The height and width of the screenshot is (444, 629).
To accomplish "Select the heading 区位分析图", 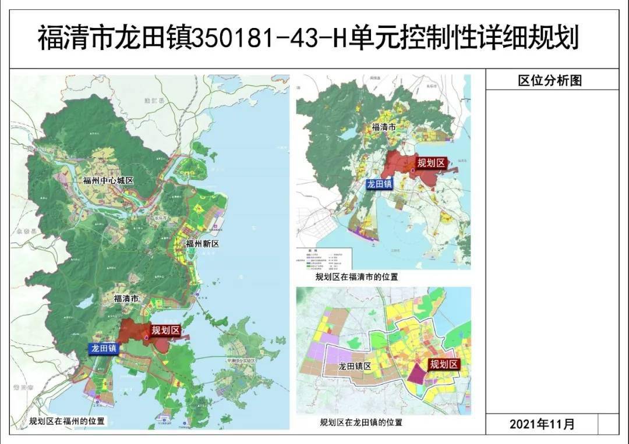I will pos(550,80).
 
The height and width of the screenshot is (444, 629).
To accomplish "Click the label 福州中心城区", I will pos(108,180).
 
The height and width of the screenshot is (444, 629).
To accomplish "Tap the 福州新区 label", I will pos(202,244).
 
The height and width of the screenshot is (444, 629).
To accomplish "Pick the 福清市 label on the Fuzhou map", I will pos(126,299).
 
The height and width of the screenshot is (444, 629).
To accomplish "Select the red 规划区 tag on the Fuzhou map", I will pos(165,331).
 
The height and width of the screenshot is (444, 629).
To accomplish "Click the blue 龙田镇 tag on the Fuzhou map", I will pos(103,349).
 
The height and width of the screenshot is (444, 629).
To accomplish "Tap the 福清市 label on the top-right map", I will pos(384,126).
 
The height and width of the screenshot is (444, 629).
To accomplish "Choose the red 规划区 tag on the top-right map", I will pos(431,163).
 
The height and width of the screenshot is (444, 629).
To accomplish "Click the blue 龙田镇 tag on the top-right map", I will pos(380,184).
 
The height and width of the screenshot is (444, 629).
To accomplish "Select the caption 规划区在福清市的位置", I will pos(356,277).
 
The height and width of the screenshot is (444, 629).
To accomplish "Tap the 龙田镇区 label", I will pos(355,367).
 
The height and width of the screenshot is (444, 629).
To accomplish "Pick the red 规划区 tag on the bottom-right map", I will pos(444,365).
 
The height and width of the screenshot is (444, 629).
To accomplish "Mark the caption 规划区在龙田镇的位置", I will pos(361,422).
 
